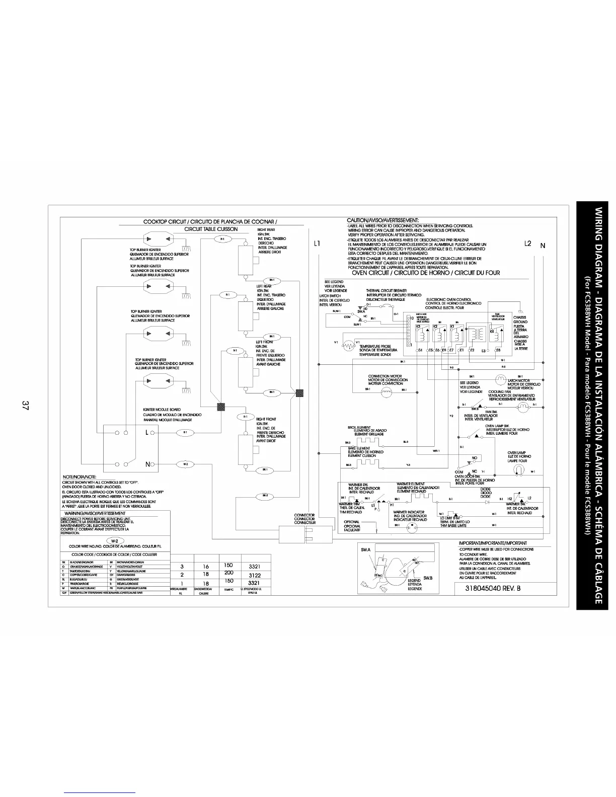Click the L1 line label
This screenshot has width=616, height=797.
click(318, 244)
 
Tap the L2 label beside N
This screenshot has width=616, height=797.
click(527, 244)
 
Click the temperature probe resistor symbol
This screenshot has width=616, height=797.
click(347, 346)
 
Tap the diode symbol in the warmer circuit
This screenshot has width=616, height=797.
click(486, 501)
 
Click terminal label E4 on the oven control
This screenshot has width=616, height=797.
click(419, 350)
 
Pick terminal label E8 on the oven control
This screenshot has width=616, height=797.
click(498, 350)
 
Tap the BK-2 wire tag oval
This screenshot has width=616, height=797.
click(265, 496)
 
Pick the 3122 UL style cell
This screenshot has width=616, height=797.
click(254, 575)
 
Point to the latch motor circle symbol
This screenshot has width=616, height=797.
click(501, 379)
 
